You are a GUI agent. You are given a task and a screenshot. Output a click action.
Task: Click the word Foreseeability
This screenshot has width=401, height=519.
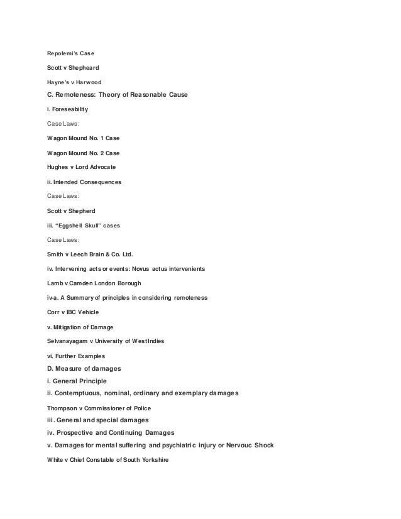pyautogui.click(x=74, y=109)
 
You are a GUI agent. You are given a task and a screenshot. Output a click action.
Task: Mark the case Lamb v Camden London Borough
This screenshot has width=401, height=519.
pyautogui.click(x=99, y=284)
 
